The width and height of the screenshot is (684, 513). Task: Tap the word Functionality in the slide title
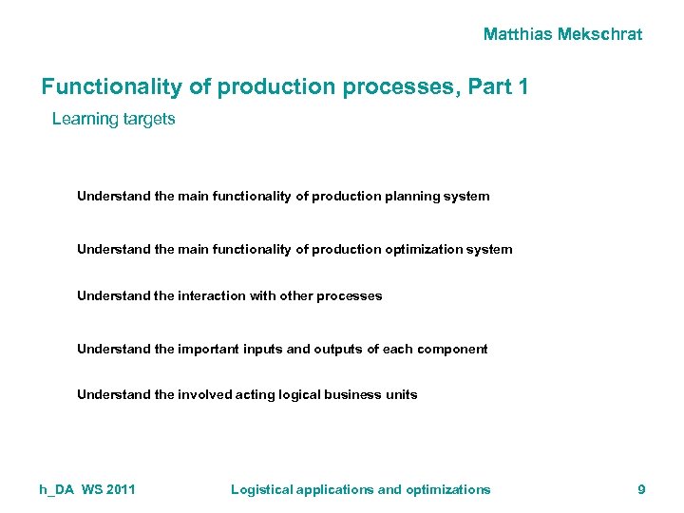[x=110, y=87]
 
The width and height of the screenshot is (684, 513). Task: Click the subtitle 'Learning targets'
[x=113, y=120]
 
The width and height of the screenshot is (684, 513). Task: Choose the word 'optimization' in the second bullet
[x=424, y=250]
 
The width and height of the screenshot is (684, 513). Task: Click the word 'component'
[x=449, y=349]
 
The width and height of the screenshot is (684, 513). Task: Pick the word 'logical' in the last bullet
[x=303, y=394]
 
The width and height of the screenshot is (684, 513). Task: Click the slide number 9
[x=641, y=489]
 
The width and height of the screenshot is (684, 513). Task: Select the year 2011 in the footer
[x=120, y=489]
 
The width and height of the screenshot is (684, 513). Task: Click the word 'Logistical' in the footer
[x=261, y=489]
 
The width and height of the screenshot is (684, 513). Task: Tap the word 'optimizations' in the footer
[x=448, y=489]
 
